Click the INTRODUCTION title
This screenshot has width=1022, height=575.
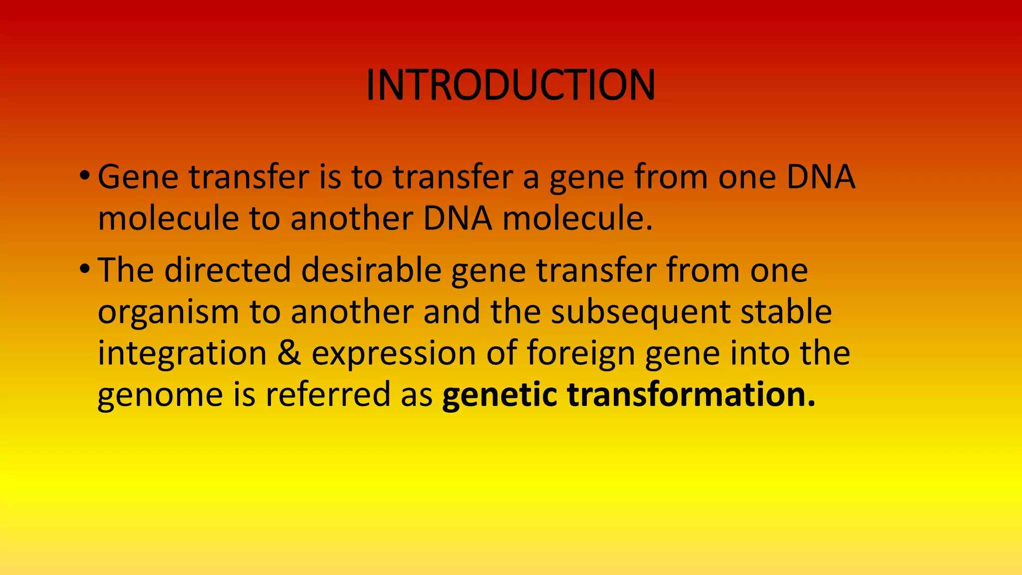pyautogui.click(x=511, y=85)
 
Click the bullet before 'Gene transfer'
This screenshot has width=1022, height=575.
pyautogui.click(x=84, y=176)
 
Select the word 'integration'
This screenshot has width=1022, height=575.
pyautogui.click(x=182, y=353)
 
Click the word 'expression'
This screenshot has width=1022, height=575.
pyautogui.click(x=394, y=353)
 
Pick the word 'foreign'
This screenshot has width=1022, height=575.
pyautogui.click(x=580, y=353)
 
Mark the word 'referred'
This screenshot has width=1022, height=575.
pyautogui.click(x=328, y=394)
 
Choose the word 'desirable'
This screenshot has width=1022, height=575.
pyautogui.click(x=371, y=270)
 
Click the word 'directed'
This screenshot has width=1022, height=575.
pyautogui.click(x=228, y=270)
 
